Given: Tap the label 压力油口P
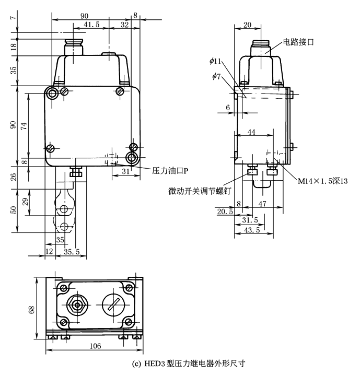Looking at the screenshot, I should point(170,170).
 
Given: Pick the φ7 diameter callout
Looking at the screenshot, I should point(216,77).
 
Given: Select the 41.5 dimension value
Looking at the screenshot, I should point(91,24).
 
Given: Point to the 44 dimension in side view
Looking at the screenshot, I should point(252,133).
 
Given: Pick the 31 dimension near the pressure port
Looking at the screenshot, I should point(125,170).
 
